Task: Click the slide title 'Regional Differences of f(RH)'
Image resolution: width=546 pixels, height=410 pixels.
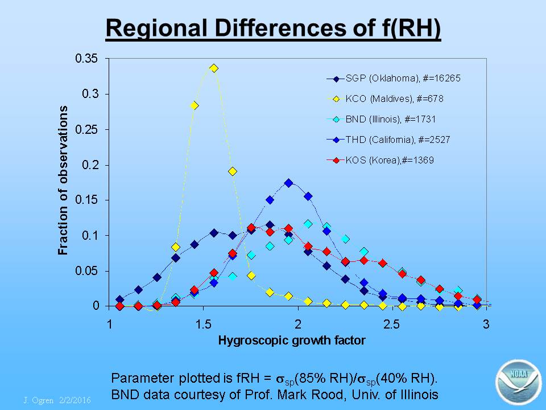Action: click(x=274, y=28)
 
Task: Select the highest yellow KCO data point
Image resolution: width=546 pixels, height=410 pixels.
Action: click(x=214, y=68)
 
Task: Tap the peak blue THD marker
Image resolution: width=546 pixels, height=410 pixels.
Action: click(x=288, y=183)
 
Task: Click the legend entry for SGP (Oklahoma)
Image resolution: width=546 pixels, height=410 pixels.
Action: click(x=394, y=79)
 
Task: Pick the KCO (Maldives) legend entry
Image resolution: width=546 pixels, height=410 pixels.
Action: click(x=385, y=99)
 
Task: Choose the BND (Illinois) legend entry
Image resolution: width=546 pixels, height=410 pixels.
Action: click(x=381, y=119)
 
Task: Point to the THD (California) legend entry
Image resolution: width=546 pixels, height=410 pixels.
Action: click(x=388, y=140)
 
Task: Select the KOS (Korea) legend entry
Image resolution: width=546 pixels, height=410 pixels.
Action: click(x=380, y=161)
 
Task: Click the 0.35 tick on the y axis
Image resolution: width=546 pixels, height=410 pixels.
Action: click(x=86, y=58)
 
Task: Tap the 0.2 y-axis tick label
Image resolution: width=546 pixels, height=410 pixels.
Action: click(x=90, y=165)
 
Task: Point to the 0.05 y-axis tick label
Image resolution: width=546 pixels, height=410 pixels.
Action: click(x=87, y=271)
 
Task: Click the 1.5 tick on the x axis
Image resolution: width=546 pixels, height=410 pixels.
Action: click(x=204, y=325)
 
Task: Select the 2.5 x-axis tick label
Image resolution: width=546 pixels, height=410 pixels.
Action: click(x=392, y=325)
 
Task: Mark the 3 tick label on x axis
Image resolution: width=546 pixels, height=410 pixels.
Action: click(x=486, y=325)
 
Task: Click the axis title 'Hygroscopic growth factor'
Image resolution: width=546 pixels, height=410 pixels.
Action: click(x=292, y=341)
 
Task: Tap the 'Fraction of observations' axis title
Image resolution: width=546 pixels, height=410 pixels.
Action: click(x=63, y=181)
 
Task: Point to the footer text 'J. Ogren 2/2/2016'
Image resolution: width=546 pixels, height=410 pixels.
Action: click(x=57, y=400)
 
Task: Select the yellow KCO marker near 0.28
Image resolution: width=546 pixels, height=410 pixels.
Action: click(x=195, y=106)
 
